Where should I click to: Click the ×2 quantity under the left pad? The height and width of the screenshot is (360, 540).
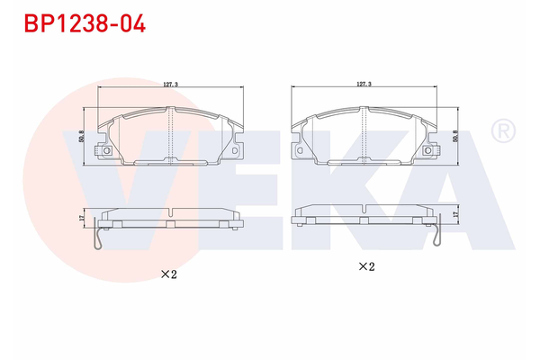pos(168,274)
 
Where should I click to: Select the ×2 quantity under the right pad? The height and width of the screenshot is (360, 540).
pos(365,266)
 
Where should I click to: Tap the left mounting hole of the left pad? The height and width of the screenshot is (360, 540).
pos(107,150)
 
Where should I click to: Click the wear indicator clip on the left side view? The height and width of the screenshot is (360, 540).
pos(100,239)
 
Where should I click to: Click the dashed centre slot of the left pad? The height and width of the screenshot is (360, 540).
pos(170,135)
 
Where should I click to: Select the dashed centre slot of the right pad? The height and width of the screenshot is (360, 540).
pos(364,134)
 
